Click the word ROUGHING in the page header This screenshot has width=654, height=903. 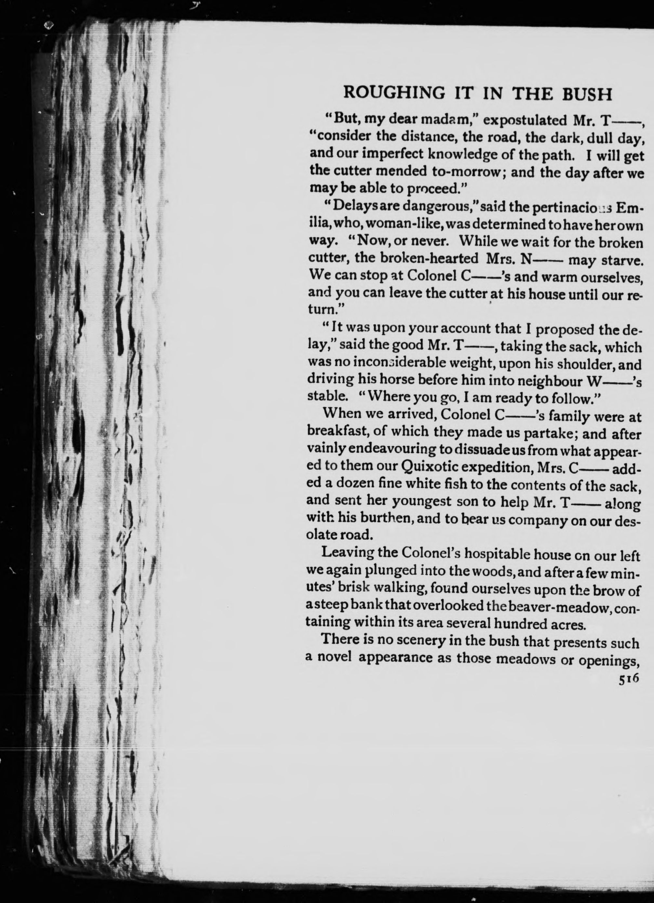(394, 93)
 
